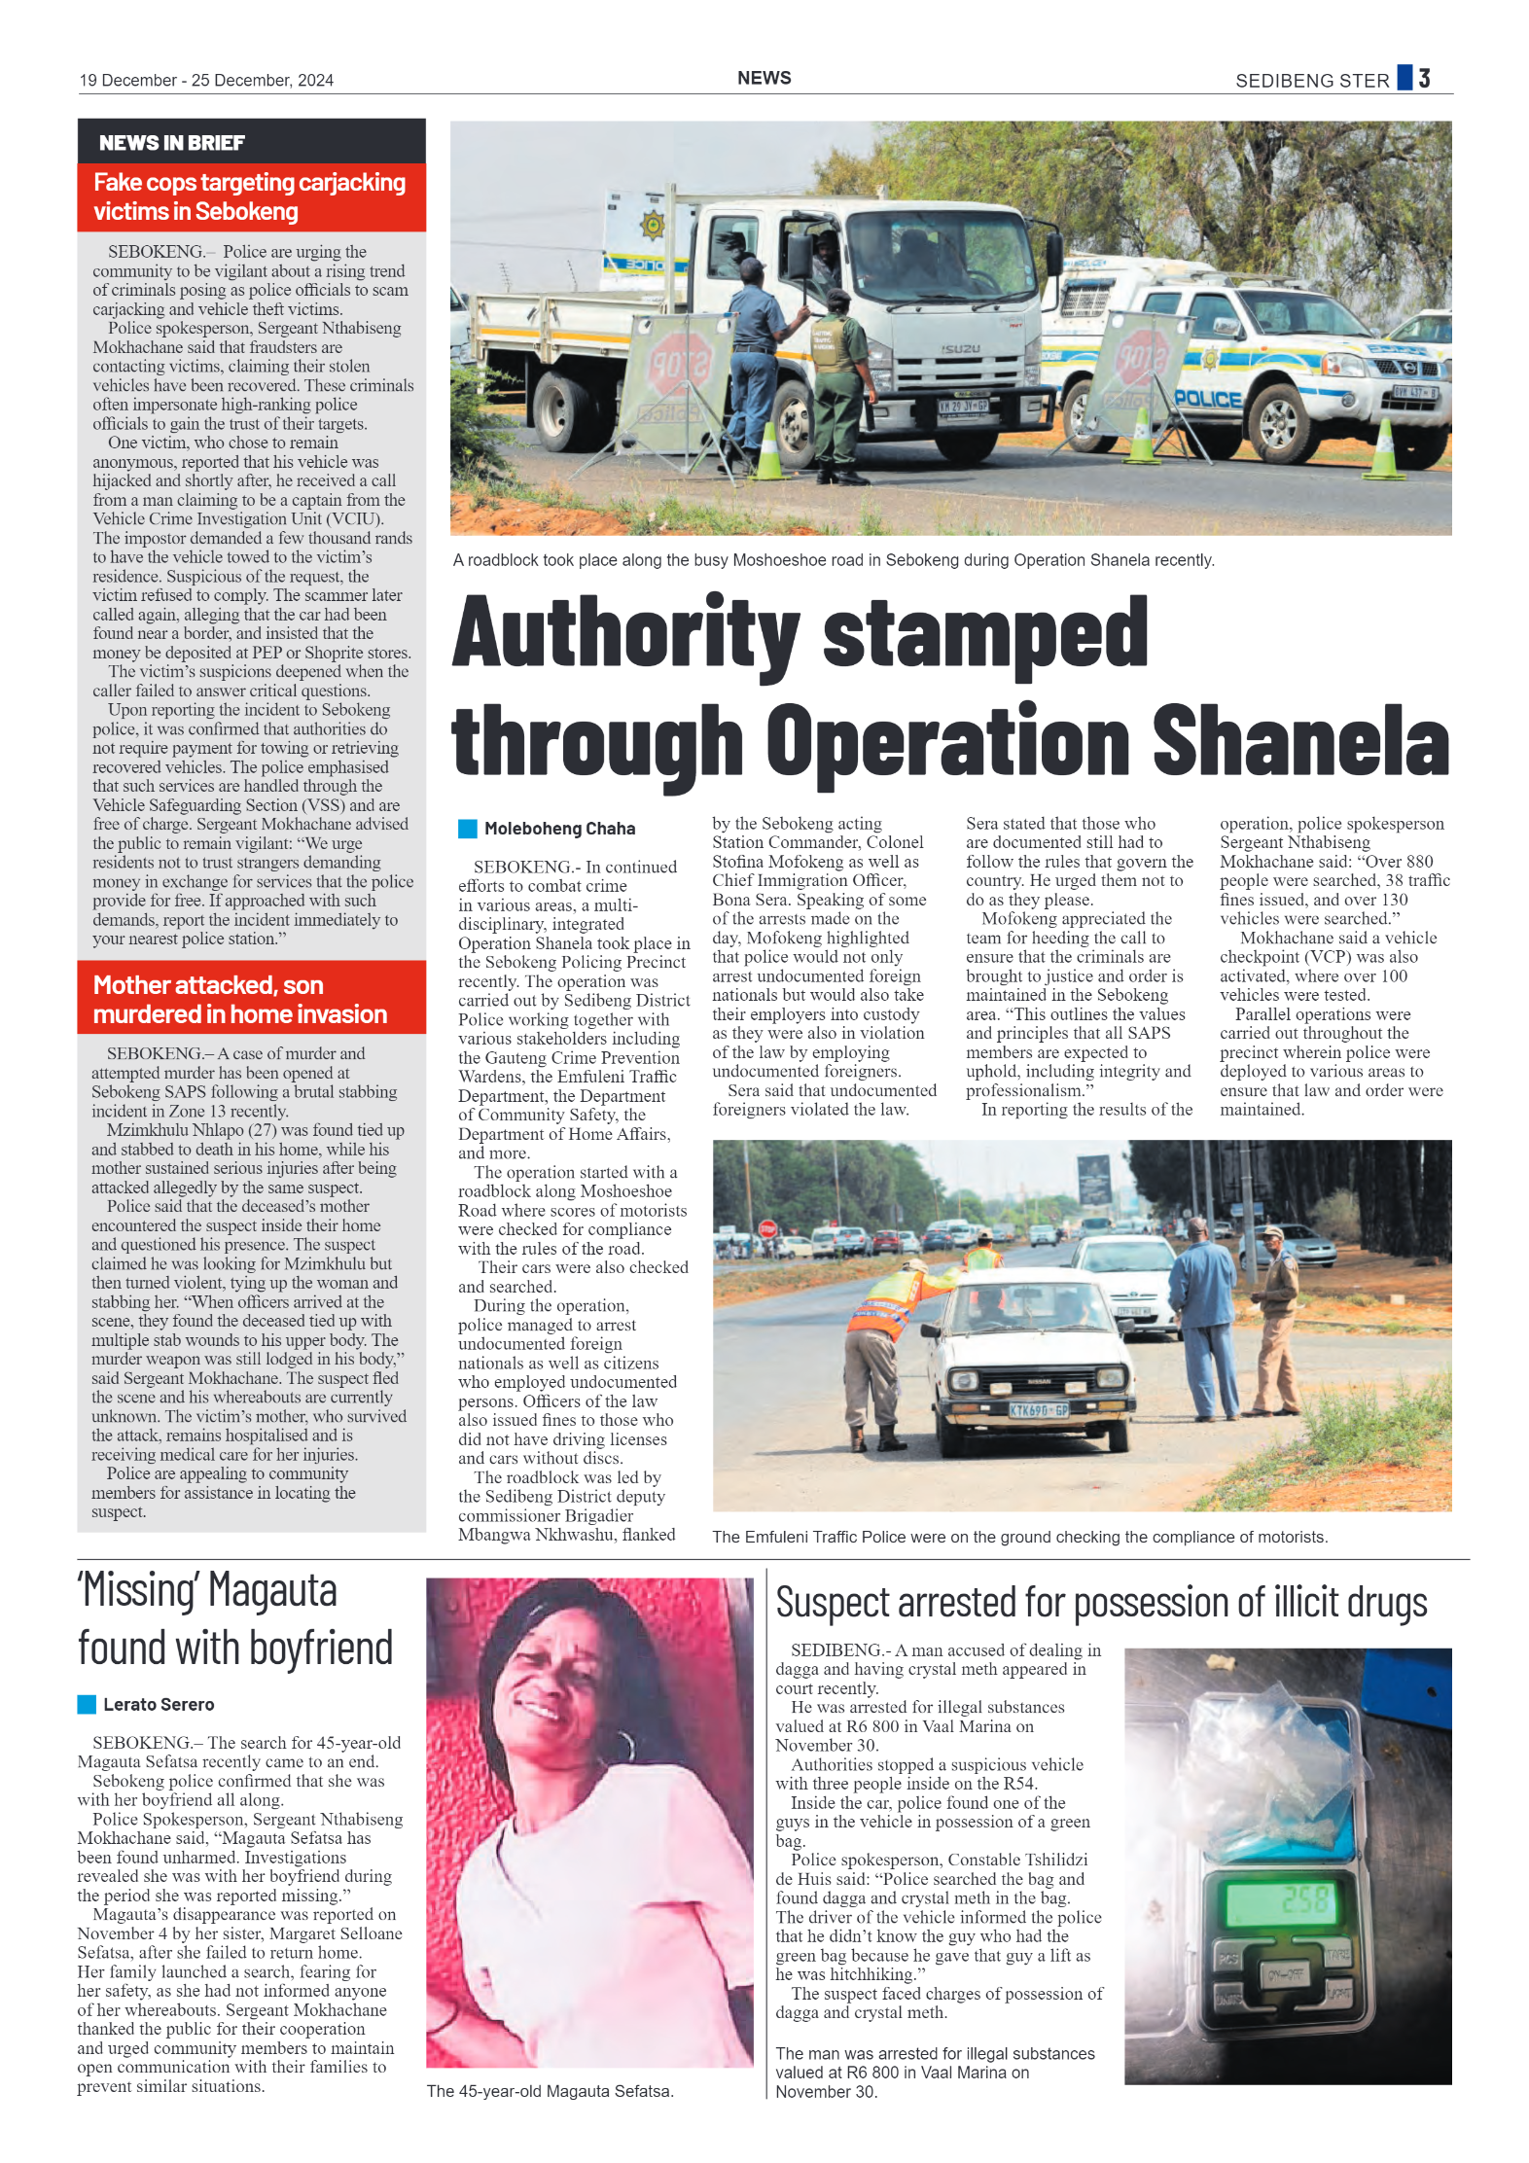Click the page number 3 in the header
pos(1423,79)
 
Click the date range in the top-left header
pos(206,81)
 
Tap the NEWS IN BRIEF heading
pos(172,143)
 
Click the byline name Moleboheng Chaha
pos(559,829)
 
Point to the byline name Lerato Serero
pos(159,1704)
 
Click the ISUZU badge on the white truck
pos(960,348)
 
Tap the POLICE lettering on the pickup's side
pos(1207,399)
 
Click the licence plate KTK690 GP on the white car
pos(1038,1410)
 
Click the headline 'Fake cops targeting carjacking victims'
pos(250,196)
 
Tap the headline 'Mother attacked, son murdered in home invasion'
pos(240,999)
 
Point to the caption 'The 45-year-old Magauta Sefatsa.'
pos(550,2091)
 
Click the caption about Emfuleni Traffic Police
pos(1018,1537)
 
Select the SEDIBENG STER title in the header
pos(1311,81)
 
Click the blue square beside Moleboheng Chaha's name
pos(468,829)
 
